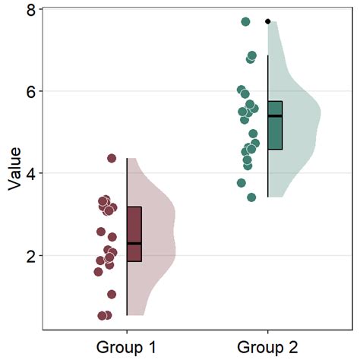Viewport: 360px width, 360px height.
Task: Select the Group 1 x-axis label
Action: pos(126,348)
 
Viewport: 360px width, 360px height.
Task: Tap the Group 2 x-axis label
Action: pos(267,348)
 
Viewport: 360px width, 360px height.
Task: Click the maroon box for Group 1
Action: pos(134,228)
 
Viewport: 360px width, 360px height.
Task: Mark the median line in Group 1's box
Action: pos(134,243)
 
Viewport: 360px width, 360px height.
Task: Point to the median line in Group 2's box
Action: pos(275,116)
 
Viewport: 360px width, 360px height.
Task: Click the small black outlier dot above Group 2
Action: pos(268,21)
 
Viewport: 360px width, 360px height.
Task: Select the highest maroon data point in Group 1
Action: pos(112,158)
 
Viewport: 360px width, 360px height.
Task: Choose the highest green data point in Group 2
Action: pos(245,21)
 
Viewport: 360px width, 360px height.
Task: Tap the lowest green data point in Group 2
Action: pos(251,197)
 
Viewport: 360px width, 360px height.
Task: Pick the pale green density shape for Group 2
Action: pos(300,114)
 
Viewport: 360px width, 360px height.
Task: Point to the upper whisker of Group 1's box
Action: pos(127,182)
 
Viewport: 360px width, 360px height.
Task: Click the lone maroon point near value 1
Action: pos(112,294)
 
